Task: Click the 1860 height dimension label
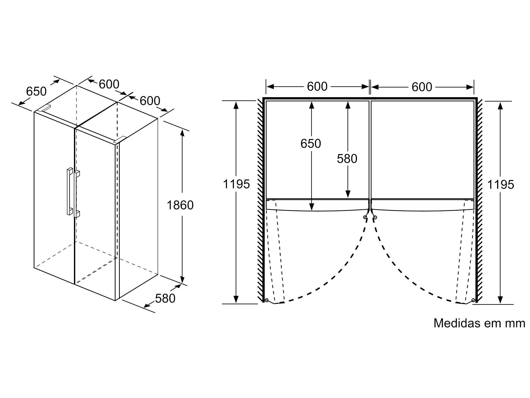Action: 180,205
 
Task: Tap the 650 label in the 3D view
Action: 36,91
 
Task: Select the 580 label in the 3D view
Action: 165,298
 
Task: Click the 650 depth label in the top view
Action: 311,144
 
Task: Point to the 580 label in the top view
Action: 347,159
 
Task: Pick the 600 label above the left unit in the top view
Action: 317,86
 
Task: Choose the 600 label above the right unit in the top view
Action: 422,87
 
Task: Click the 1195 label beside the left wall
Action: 236,184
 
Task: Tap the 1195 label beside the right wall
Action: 501,185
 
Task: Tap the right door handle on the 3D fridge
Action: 77,194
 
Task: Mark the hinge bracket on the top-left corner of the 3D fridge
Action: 44,108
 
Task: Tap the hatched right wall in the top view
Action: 479,202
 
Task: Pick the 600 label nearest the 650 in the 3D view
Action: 109,84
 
